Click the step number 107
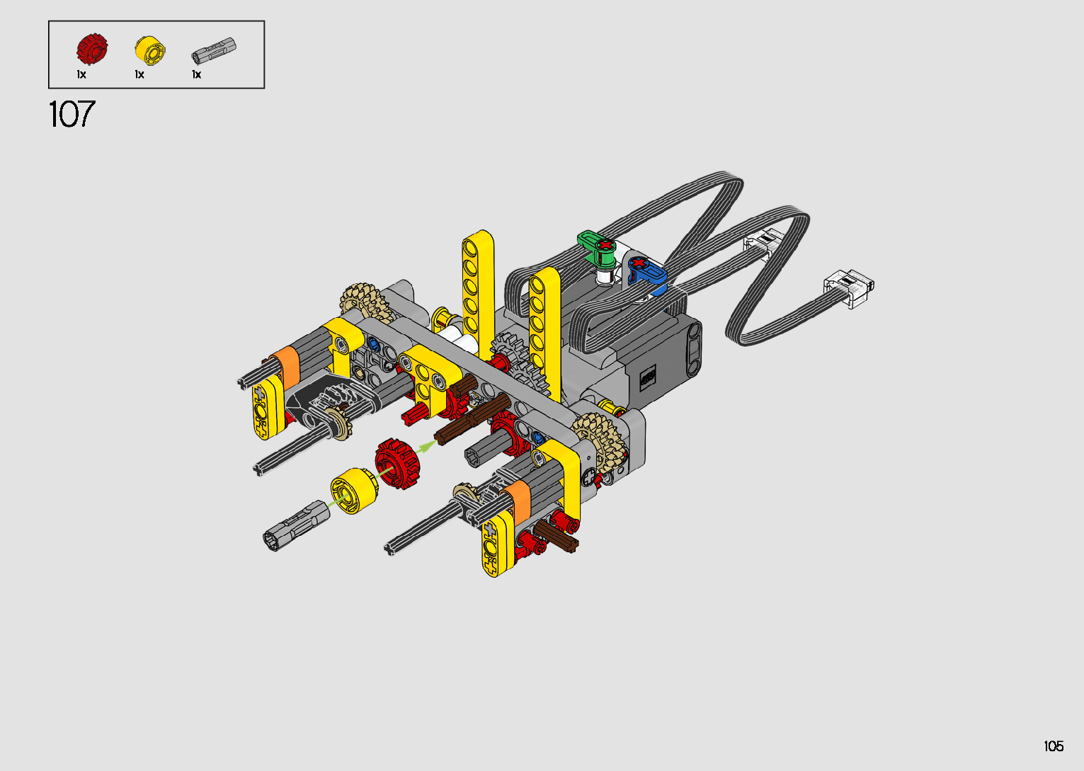point(72,114)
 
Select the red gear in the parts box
point(92,49)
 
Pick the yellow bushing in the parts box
point(150,50)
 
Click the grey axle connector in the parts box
point(214,50)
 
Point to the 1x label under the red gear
point(81,74)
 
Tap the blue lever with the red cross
point(647,271)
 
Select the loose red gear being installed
point(397,463)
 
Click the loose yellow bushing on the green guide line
point(355,491)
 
